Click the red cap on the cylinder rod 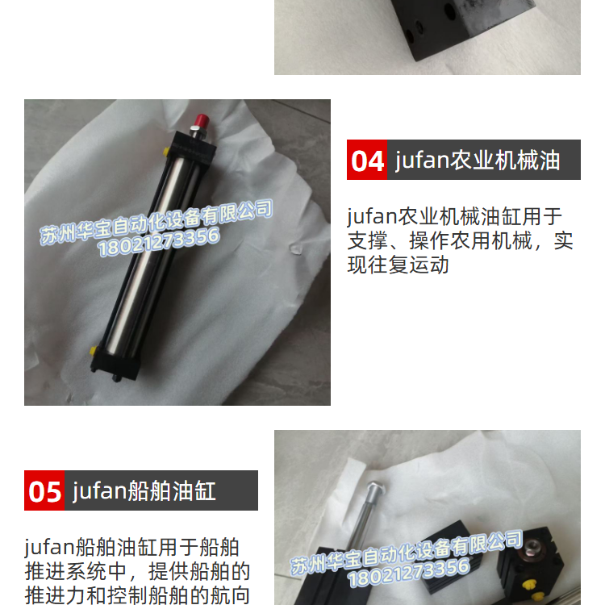point(202,121)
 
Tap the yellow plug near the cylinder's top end point(166,152)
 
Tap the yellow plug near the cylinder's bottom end point(94,351)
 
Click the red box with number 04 point(367,160)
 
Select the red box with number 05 point(44,490)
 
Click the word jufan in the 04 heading point(423,161)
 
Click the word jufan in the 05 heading point(99,491)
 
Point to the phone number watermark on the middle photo point(159,242)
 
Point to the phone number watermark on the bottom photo point(409,573)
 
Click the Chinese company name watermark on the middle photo point(156,222)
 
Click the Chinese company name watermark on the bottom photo point(407,552)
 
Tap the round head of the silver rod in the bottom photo point(374,488)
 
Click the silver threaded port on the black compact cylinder point(533,546)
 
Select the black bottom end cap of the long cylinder point(115,362)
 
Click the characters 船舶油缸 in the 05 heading point(172,491)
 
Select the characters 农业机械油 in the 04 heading point(505,161)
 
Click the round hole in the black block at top point(449,10)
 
